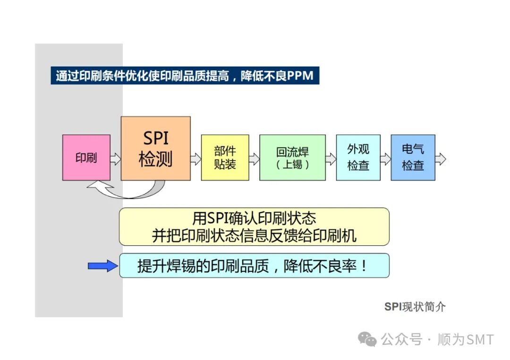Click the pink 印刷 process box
[86, 158]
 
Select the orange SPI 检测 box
[156, 149]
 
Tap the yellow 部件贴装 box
[225, 158]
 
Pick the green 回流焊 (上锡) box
[292, 158]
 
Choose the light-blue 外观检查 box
[358, 158]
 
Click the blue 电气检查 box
[413, 158]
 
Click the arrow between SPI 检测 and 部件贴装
[196, 159]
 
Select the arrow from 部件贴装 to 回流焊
[254, 159]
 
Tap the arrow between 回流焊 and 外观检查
[331, 159]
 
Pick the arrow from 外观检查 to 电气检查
[386, 159]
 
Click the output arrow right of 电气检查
[441, 159]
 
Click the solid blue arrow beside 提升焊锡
[103, 266]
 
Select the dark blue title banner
[185, 76]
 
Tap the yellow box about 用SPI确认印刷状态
[254, 226]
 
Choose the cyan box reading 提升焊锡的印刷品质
[254, 266]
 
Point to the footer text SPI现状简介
[415, 307]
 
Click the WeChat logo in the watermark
[367, 339]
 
